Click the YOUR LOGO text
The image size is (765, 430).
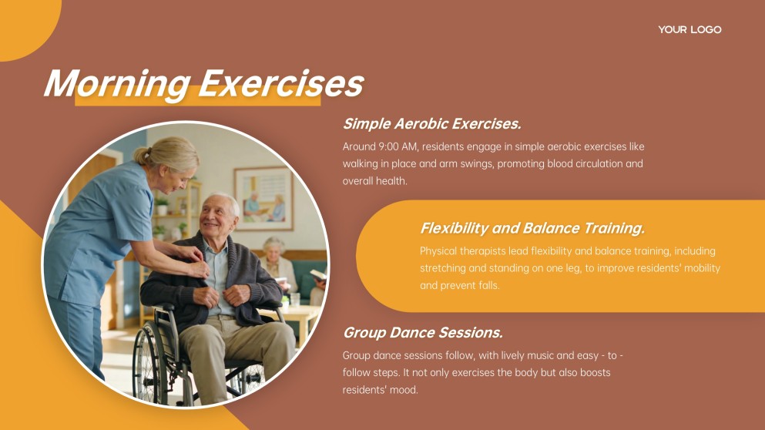point(690,30)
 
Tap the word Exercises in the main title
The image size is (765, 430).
point(281,83)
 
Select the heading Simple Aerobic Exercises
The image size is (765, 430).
point(431,124)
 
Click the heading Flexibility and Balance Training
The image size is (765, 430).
point(532,228)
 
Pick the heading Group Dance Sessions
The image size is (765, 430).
point(422,333)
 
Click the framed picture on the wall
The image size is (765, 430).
point(263,198)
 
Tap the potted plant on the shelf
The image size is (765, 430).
point(162,206)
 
